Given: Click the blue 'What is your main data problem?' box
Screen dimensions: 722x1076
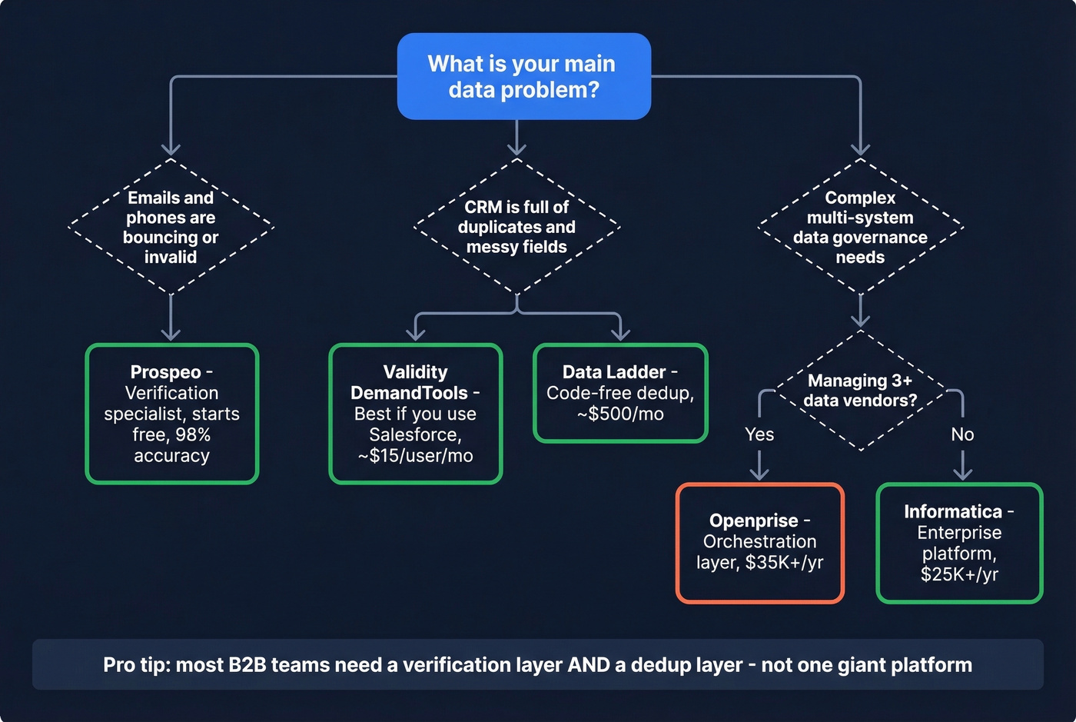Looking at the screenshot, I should click(523, 76).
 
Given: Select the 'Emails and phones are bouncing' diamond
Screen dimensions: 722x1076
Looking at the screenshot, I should click(171, 227).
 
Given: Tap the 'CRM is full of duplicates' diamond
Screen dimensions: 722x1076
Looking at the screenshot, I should click(516, 227).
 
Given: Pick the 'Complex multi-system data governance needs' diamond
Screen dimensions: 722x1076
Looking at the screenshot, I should click(860, 227).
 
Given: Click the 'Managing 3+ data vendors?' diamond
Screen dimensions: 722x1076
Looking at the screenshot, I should click(860, 391).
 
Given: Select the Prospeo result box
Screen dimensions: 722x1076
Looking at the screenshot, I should click(171, 414).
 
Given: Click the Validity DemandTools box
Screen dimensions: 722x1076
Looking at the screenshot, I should click(415, 414).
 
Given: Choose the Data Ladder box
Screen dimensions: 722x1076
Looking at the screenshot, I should click(619, 393).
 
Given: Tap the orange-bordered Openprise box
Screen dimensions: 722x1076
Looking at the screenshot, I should click(759, 542).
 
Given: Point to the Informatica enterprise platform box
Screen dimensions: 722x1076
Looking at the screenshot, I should click(958, 543).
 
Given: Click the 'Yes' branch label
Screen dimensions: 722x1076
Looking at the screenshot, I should click(759, 434).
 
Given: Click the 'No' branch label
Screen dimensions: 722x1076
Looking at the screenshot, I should click(962, 434).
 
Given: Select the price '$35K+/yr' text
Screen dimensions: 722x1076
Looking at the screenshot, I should click(784, 563).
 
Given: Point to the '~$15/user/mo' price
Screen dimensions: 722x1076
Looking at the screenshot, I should click(415, 456).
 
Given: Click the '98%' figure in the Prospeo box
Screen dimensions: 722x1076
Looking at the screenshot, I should click(193, 435).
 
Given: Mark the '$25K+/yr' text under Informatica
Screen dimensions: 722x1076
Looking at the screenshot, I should click(959, 574).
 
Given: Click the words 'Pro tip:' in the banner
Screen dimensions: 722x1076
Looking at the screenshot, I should click(136, 665).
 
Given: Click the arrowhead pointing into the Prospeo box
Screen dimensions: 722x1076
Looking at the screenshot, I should click(171, 334).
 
